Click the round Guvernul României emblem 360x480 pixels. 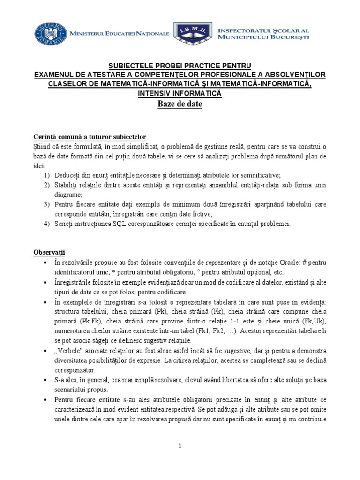click(x=49, y=34)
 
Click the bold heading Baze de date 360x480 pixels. click(x=180, y=104)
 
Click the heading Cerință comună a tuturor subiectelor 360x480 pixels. click(x=90, y=137)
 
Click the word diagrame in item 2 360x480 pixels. click(x=69, y=194)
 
